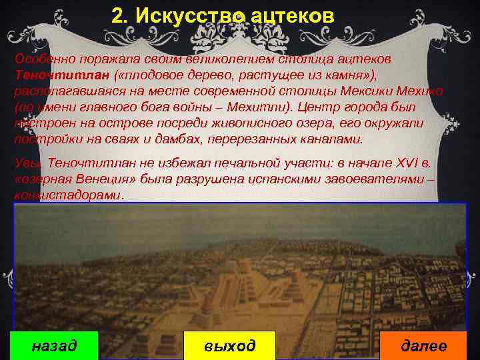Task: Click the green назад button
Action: click(x=55, y=346)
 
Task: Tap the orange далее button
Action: click(x=423, y=346)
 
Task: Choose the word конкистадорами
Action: click(x=68, y=196)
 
